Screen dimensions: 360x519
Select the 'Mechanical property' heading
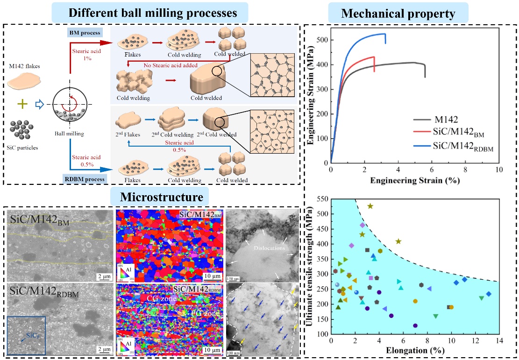pyautogui.click(x=398, y=14)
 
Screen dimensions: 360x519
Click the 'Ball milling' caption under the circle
pyautogui.click(x=69, y=134)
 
